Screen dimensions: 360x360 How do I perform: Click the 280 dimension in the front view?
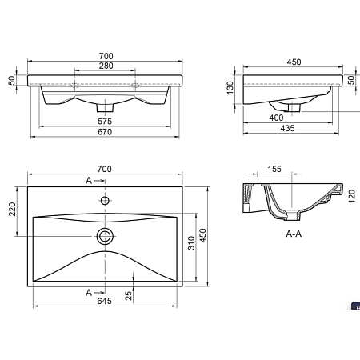pos(105,66)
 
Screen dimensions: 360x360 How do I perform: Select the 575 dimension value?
pos(105,122)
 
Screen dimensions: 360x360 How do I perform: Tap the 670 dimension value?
pos(105,132)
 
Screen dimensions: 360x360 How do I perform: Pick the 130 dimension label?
pos(230,86)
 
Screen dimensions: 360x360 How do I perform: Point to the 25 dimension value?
pos(129,297)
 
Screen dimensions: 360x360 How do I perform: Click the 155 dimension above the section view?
pos(274,170)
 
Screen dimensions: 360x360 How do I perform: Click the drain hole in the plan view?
pos(105,235)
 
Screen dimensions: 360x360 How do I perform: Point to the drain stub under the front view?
pos(105,106)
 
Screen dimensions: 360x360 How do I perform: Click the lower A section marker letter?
pos(90,293)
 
